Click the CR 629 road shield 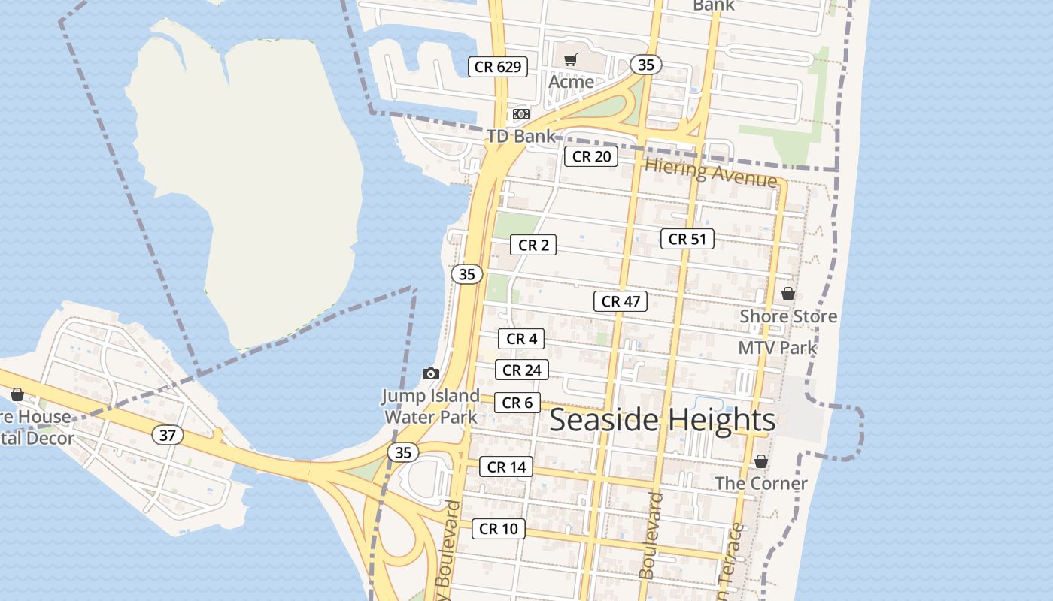[x=497, y=66]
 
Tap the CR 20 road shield [x=591, y=156]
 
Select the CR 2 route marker [x=533, y=245]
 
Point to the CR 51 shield [x=687, y=239]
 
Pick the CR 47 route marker [x=620, y=301]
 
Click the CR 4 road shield [x=520, y=339]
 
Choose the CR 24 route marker [x=521, y=370]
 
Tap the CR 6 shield [x=517, y=403]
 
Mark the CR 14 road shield [x=506, y=467]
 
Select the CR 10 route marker [x=499, y=528]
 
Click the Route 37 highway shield [x=167, y=434]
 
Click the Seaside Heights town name [x=663, y=420]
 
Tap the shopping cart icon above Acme [x=571, y=59]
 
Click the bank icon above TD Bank [x=520, y=114]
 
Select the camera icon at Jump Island [x=430, y=373]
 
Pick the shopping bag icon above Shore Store [x=787, y=294]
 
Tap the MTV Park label [x=777, y=348]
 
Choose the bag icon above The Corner [x=761, y=461]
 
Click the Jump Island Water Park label [x=430, y=406]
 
